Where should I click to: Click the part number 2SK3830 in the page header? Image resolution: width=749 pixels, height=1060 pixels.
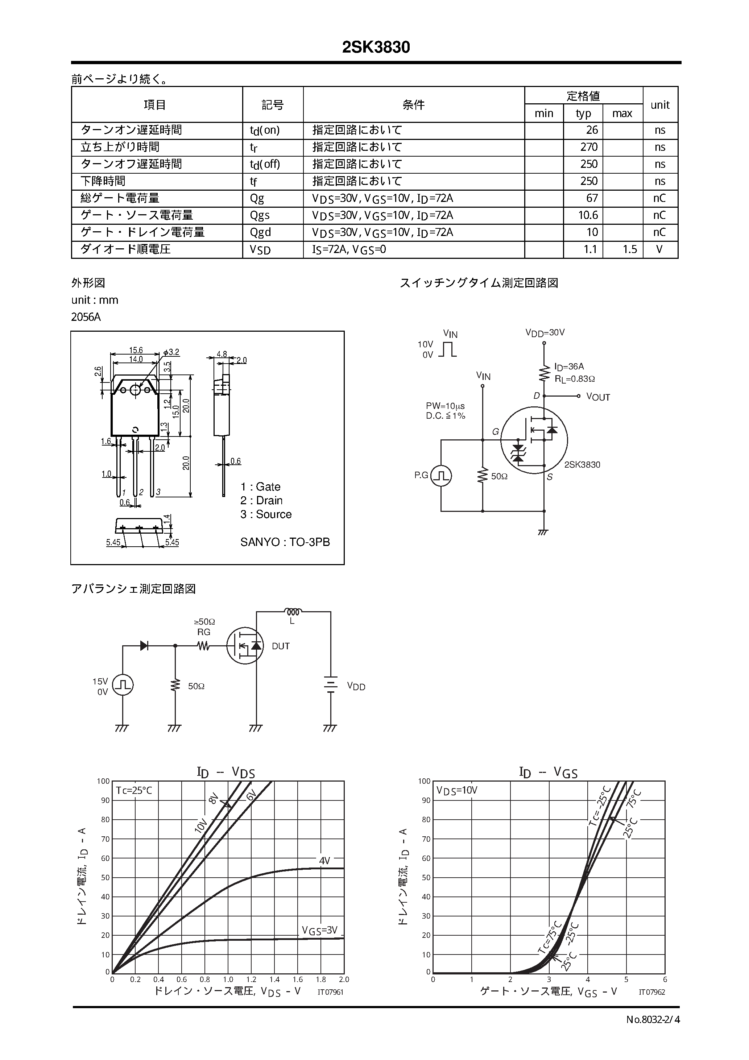tap(376, 47)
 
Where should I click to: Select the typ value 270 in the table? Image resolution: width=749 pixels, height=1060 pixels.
tap(589, 147)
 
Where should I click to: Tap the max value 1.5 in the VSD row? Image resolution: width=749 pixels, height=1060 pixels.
tap(629, 250)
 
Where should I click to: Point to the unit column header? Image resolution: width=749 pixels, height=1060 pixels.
tap(659, 105)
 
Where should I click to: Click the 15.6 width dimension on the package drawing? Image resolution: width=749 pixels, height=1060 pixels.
tap(136, 351)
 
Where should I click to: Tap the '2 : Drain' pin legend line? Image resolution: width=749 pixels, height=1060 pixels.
tap(261, 500)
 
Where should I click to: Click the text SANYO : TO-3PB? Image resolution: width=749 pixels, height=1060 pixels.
tap(285, 542)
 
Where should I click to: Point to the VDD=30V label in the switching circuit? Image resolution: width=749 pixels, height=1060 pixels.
tap(545, 332)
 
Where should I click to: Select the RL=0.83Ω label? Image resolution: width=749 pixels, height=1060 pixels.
tap(575, 379)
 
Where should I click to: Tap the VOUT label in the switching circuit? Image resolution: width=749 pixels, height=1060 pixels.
tap(597, 397)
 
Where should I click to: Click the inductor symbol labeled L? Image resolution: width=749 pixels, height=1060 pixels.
tap(292, 612)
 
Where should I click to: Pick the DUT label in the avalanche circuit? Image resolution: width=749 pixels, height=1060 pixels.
tap(281, 646)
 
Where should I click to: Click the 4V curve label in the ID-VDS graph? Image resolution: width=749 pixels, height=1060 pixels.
tap(324, 861)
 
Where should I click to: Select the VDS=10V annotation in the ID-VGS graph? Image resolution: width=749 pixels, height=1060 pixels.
tap(457, 790)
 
